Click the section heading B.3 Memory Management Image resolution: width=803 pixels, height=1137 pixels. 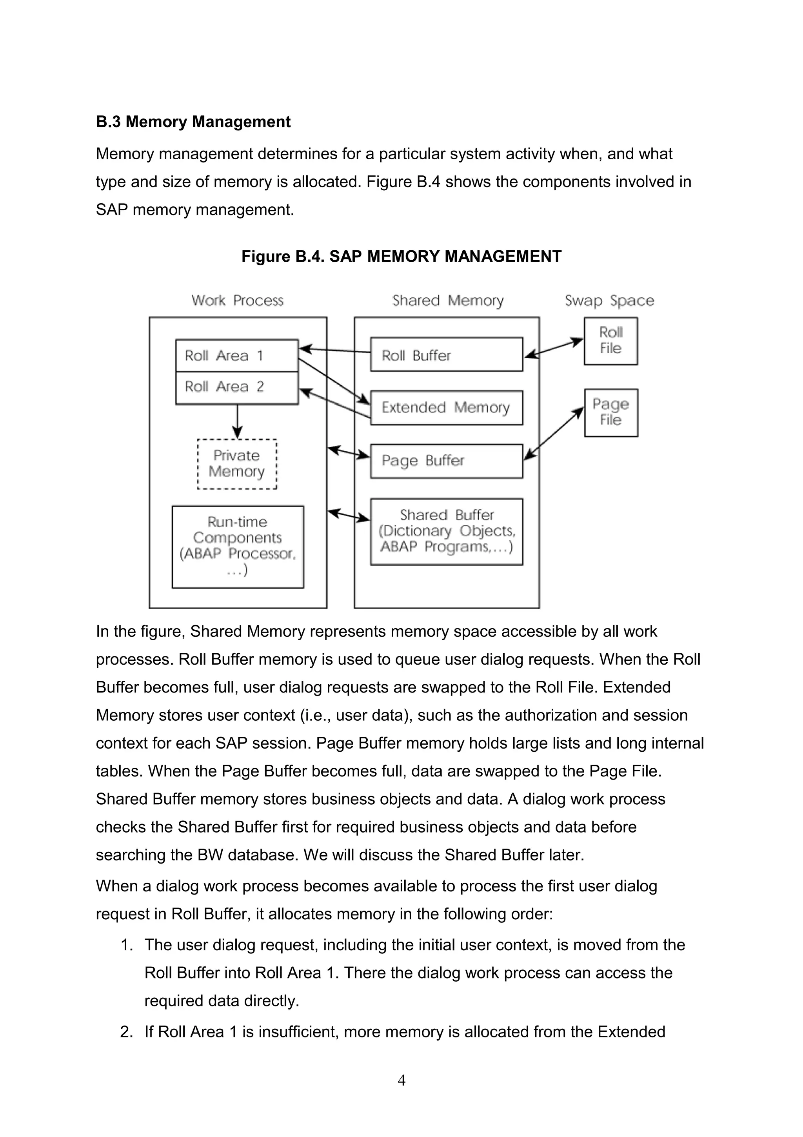tap(193, 121)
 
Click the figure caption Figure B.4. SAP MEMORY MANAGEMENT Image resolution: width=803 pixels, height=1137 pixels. tap(401, 256)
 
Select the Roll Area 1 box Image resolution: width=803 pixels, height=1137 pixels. tap(236, 355)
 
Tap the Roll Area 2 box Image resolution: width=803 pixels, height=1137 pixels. tap(236, 387)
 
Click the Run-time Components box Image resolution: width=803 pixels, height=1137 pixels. tap(238, 546)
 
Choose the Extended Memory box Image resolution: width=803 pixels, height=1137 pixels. tap(446, 408)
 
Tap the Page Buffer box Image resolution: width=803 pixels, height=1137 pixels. tap(446, 461)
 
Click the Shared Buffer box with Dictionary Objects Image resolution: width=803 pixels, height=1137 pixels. tap(446, 531)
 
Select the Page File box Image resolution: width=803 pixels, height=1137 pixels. tap(610, 412)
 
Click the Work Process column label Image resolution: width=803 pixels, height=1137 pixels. tap(238, 301)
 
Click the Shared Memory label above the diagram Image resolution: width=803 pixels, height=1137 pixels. tap(448, 301)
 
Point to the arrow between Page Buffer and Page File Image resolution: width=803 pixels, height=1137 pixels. tap(554, 433)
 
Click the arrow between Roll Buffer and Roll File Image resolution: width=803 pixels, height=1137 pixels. tap(554, 347)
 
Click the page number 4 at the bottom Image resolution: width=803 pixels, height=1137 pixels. tap(401, 1080)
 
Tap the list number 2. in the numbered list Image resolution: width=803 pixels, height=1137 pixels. tap(126, 1032)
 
